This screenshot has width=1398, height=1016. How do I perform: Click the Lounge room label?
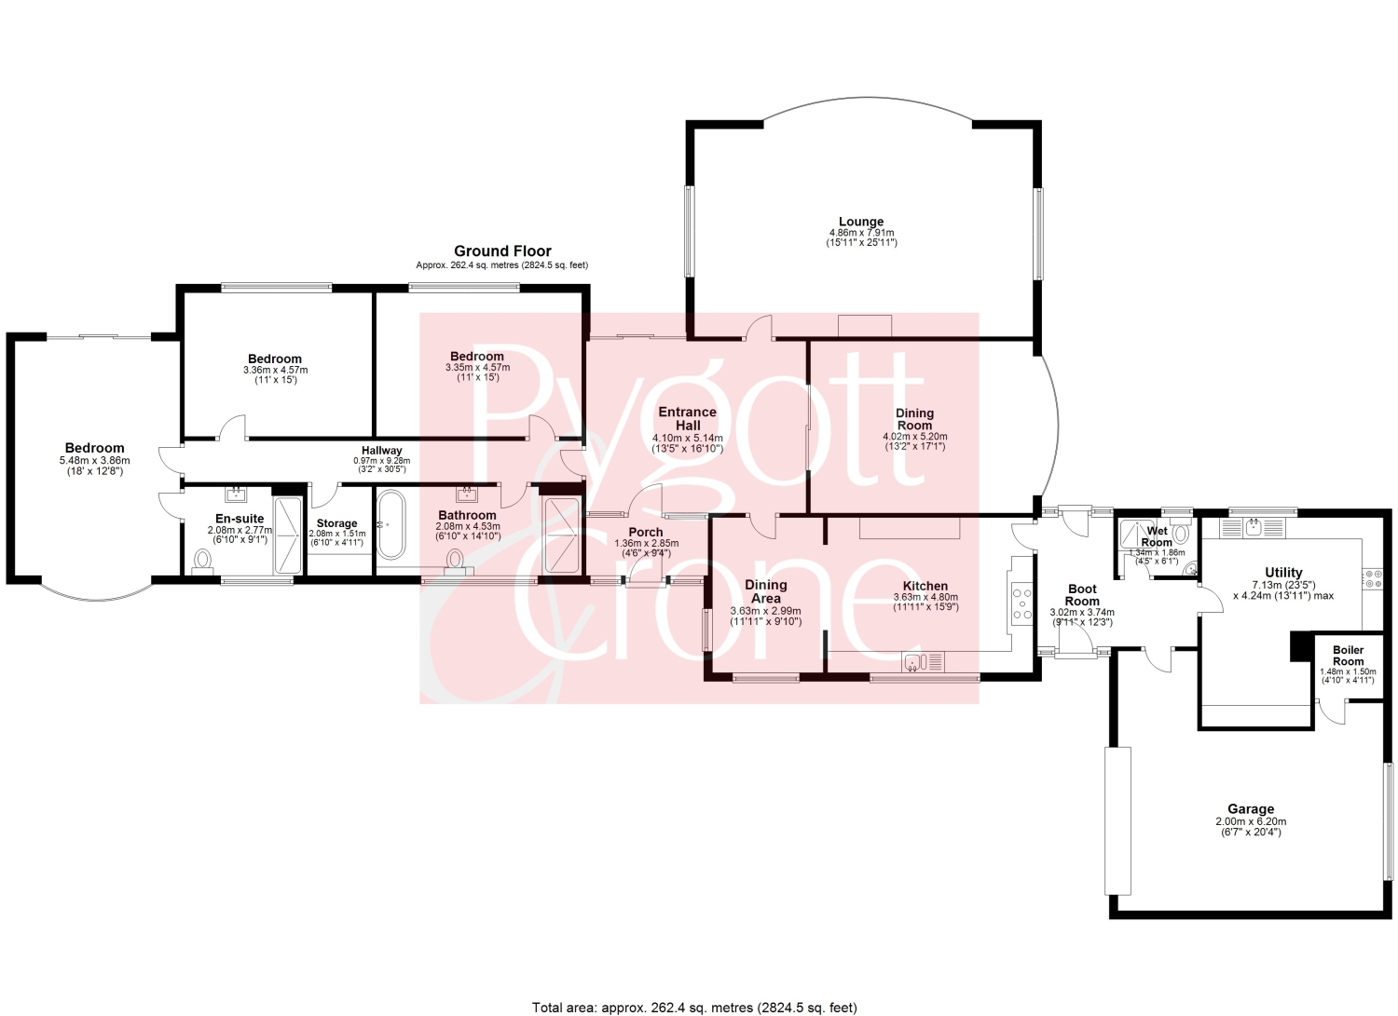point(860,222)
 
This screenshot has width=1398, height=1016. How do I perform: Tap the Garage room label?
point(1250,809)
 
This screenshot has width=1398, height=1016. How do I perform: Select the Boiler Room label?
point(1348,656)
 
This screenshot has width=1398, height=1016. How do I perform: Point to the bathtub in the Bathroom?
point(391,524)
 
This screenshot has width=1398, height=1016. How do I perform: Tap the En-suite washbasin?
point(237,494)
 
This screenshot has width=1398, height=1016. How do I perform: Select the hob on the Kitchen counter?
point(1022,602)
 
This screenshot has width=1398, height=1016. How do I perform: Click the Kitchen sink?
point(923,662)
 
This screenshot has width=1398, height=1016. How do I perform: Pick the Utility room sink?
point(1253,528)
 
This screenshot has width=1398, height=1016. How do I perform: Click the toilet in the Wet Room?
point(1181,534)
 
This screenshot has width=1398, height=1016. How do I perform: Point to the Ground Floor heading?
point(502,251)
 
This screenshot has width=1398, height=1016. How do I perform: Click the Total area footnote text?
point(694,1008)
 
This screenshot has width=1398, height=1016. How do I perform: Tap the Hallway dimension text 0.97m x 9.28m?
point(382,461)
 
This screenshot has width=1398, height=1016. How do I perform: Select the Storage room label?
point(337,523)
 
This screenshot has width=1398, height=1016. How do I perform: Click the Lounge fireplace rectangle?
point(864,326)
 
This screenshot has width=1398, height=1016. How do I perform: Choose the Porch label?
point(646,532)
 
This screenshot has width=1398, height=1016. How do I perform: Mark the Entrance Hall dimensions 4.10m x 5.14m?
point(688,438)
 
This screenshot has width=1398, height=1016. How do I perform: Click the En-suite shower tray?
point(288,535)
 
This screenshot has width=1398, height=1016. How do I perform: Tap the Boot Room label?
point(1082,595)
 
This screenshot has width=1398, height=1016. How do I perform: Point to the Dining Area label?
point(766,591)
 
